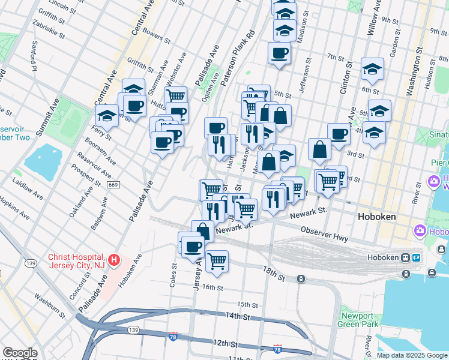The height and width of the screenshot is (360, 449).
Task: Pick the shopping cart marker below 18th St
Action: tap(217, 261)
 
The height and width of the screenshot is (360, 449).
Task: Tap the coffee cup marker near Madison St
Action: tap(280, 53)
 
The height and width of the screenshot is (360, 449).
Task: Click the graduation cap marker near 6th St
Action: tap(372, 70)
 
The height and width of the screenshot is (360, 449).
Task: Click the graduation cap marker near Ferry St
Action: tap(107, 115)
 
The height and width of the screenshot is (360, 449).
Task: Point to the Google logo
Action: tap(20, 353)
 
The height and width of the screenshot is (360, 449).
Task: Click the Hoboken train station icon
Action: tap(406, 257)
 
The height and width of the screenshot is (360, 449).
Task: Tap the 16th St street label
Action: tap(212, 288)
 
